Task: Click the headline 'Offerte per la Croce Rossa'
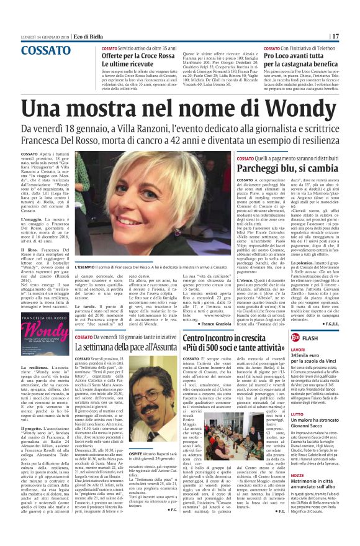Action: point(136,55)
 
